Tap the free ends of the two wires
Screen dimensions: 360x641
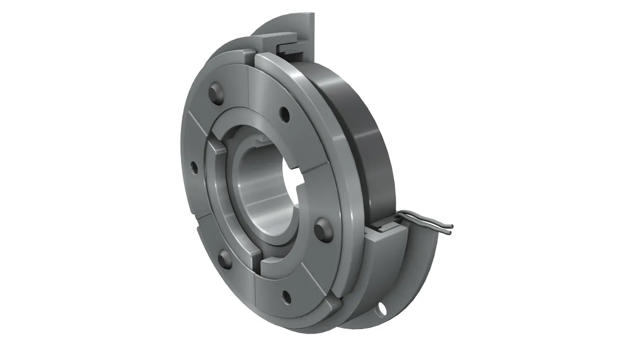[x=450, y=228]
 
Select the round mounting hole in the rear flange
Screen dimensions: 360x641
[x=384, y=308]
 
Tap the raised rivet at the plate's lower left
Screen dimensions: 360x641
[x=224, y=258]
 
